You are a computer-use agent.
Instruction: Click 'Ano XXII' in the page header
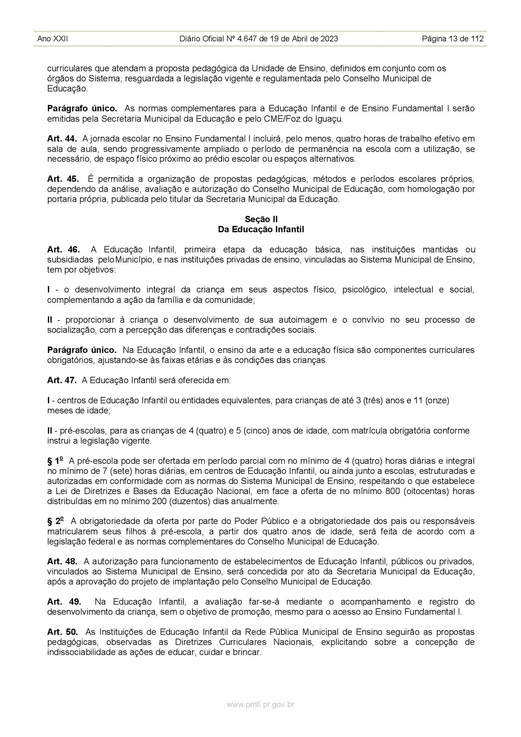tap(52, 39)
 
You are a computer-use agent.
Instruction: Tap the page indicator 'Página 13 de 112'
tap(452, 39)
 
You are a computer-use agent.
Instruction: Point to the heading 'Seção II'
tap(261, 219)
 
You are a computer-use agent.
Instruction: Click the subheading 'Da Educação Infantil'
tap(261, 229)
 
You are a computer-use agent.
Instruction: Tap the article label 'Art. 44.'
tap(62, 139)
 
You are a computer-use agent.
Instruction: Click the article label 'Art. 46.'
tap(63, 250)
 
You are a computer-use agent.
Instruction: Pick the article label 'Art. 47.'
tap(62, 380)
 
